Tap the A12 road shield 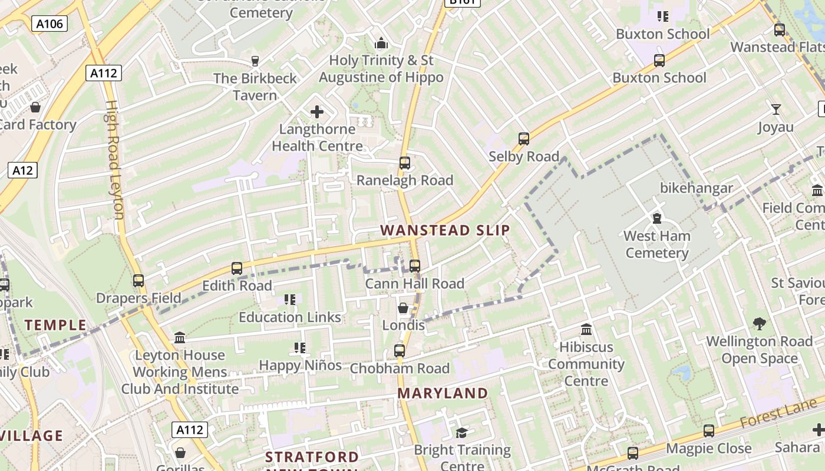[x=22, y=171]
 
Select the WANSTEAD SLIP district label [x=445, y=230]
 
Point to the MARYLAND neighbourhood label [x=443, y=393]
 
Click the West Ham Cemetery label [x=656, y=244]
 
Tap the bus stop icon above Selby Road [x=524, y=139]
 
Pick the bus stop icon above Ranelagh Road [x=405, y=163]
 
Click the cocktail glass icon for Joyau [x=776, y=110]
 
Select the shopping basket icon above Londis [x=403, y=308]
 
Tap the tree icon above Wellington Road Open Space [x=760, y=323]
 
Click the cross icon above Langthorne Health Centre [x=317, y=112]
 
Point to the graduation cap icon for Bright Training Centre [x=461, y=433]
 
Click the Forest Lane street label [x=779, y=413]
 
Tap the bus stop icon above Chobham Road [x=400, y=351]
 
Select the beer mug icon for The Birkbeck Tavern [x=255, y=61]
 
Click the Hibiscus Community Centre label [x=586, y=364]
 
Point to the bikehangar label [x=697, y=188]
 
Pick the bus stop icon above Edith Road [x=237, y=268]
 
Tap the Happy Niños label [x=301, y=366]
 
